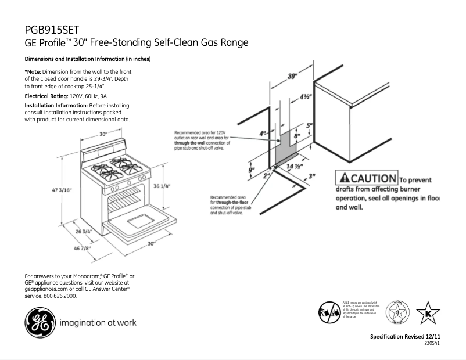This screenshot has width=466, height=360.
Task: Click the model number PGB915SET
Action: pos(52,30)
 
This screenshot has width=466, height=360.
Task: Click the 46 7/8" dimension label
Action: pos(64,249)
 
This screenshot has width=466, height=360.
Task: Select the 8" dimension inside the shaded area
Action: pos(297,136)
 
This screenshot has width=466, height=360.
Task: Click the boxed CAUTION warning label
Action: pos(365,178)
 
